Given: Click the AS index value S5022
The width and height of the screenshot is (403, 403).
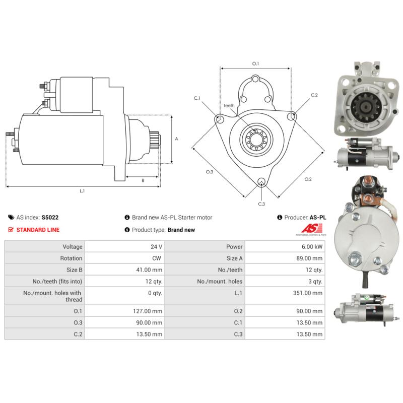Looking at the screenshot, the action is [x=50, y=218].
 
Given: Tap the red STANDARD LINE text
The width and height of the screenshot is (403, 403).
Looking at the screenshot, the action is [x=38, y=230].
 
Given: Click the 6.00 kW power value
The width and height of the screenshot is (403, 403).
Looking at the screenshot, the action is [x=312, y=247].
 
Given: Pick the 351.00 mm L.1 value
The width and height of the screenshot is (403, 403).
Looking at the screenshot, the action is [x=308, y=293].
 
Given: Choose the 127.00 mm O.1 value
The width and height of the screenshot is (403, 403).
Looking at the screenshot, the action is [x=148, y=311].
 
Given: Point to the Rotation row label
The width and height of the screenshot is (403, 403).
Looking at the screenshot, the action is [x=71, y=258].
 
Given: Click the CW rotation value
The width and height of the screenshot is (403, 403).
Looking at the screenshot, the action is [x=157, y=258].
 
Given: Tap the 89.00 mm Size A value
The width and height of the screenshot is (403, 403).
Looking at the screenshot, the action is [x=309, y=258].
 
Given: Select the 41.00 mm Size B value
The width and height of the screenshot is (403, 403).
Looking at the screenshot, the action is [x=149, y=270].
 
